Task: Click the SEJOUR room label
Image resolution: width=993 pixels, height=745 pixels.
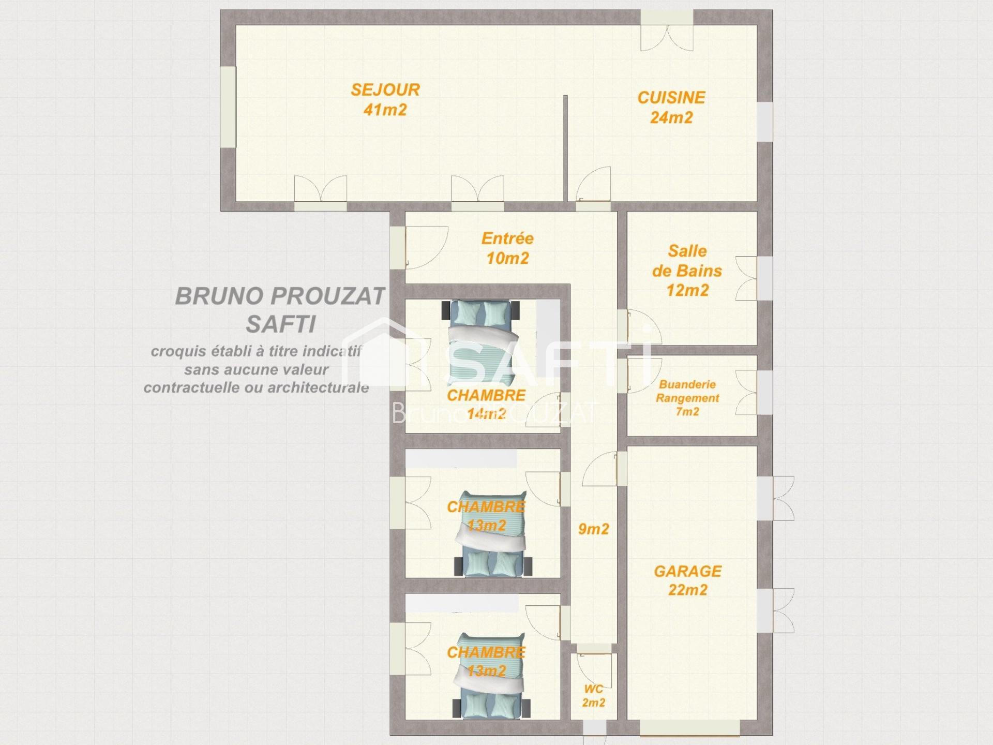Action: (x=385, y=90)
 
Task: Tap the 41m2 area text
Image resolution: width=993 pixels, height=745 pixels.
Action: (x=385, y=110)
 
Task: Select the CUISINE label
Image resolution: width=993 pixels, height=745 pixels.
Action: (x=671, y=97)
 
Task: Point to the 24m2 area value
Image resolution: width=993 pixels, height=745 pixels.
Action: (x=671, y=117)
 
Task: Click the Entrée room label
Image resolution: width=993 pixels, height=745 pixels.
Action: (x=507, y=238)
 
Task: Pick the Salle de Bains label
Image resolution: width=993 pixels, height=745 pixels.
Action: (x=687, y=261)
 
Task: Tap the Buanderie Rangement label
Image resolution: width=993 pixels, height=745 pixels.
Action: (x=687, y=391)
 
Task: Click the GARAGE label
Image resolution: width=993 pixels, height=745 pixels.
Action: (x=687, y=571)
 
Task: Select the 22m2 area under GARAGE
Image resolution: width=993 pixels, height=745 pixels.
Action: (x=687, y=590)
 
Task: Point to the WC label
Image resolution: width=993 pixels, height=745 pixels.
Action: (x=593, y=689)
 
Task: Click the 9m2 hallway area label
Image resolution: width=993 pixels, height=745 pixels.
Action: (x=593, y=529)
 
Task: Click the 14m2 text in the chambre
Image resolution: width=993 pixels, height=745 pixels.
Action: (x=486, y=413)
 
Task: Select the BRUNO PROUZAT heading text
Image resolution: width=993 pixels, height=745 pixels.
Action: (x=280, y=296)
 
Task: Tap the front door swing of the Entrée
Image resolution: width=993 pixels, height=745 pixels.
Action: (x=426, y=248)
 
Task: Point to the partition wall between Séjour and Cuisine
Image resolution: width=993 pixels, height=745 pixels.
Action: (x=565, y=148)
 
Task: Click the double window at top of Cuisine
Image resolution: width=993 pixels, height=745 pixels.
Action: (x=667, y=31)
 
